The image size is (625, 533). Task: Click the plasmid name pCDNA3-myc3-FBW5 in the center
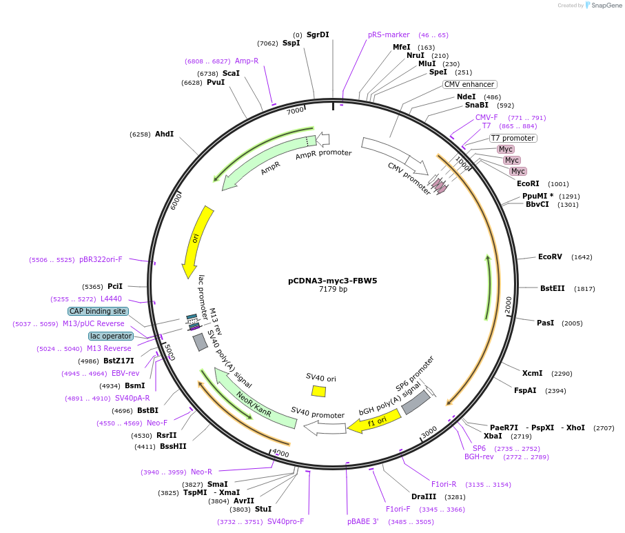(x=332, y=281)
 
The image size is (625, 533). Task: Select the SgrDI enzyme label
(x=318, y=34)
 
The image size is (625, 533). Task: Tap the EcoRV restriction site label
(x=550, y=257)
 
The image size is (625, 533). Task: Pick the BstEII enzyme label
(x=551, y=288)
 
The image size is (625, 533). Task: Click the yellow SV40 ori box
(x=318, y=391)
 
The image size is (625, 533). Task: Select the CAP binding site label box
(x=98, y=311)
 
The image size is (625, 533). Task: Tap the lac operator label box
(x=111, y=336)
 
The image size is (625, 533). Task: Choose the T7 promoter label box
(x=513, y=138)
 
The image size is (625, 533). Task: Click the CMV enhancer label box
(x=469, y=84)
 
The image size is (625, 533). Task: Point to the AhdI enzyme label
(x=164, y=134)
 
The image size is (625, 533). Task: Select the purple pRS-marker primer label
(x=389, y=34)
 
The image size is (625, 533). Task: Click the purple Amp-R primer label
(x=247, y=61)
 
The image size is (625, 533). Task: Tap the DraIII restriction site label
(x=423, y=496)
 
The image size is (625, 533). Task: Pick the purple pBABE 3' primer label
(x=363, y=521)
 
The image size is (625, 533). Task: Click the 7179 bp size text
(x=333, y=290)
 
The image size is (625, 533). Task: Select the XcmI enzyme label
(x=532, y=373)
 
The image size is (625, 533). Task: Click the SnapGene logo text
(x=604, y=6)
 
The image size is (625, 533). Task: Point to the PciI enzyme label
(x=115, y=286)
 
